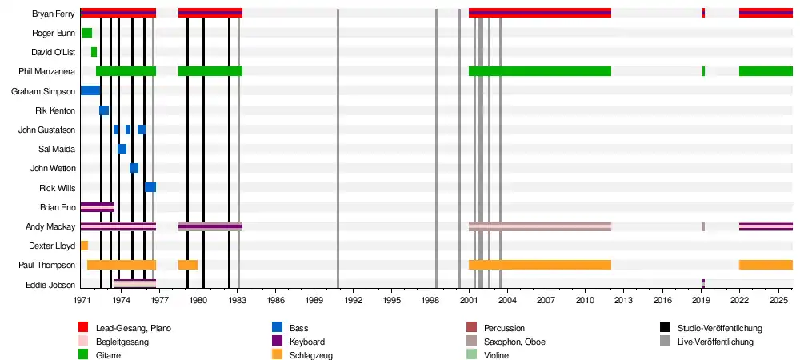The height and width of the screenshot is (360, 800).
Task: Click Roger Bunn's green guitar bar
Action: [86, 33]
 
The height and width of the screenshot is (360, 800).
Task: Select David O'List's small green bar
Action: [94, 52]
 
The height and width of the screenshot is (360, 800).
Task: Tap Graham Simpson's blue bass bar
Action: [90, 90]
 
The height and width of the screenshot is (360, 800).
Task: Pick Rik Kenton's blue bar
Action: [104, 110]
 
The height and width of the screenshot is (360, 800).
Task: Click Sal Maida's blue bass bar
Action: [122, 149]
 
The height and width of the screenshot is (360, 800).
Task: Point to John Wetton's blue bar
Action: [134, 168]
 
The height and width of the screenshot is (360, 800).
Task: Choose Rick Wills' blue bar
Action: [150, 188]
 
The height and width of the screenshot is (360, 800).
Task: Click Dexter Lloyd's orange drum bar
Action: [84, 246]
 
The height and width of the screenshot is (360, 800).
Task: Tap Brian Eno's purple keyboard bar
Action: [98, 207]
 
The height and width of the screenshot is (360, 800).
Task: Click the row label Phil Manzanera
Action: [53, 71]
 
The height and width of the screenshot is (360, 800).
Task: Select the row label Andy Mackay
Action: [50, 227]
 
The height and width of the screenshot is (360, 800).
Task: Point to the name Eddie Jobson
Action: [50, 285]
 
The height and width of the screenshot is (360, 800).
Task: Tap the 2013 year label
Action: [623, 301]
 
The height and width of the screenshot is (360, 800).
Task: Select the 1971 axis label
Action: [82, 301]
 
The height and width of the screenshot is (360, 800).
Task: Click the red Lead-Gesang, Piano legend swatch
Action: [83, 328]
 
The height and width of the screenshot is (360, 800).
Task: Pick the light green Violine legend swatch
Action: [471, 355]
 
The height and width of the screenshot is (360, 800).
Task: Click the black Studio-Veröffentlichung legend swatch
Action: [665, 328]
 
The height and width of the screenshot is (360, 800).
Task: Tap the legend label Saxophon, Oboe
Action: [514, 342]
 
